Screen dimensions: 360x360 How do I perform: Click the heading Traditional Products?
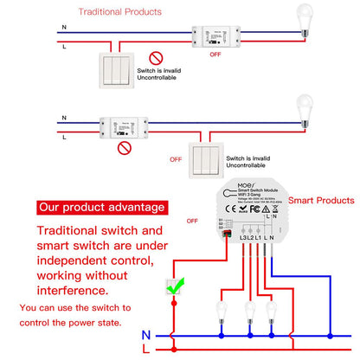pyautogui.click(x=119, y=12)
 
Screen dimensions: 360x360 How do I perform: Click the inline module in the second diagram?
pyautogui.click(x=127, y=128)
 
